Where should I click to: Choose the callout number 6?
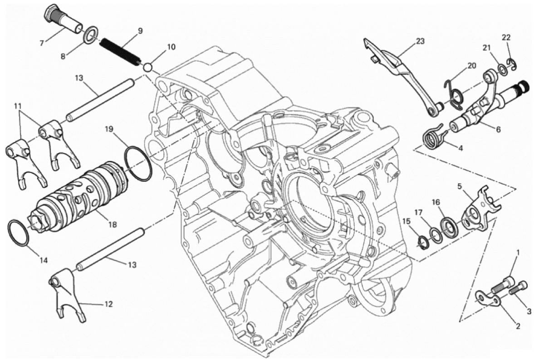click(x=498, y=129)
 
